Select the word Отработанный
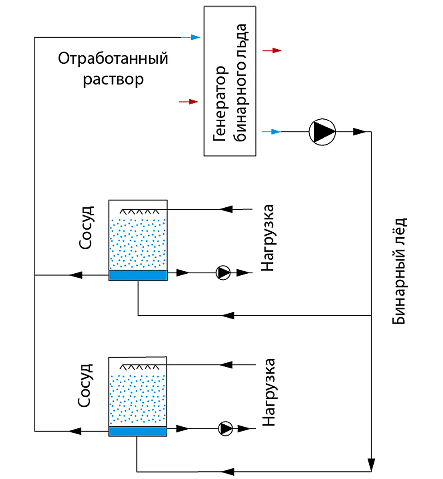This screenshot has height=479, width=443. [x=113, y=59]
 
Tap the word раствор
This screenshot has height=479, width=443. [x=114, y=80]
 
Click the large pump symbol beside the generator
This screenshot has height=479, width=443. [x=322, y=131]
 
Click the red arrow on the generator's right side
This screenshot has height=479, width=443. [x=273, y=51]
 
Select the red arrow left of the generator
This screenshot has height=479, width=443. [x=189, y=102]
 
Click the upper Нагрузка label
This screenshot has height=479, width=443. [x=269, y=238]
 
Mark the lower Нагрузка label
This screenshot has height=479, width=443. [x=269, y=392]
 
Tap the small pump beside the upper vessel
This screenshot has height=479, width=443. [x=223, y=272]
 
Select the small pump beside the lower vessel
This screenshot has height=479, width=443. [x=225, y=427]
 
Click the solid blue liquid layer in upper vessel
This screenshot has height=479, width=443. [x=138, y=275]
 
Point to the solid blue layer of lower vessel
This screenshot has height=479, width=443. [x=138, y=431]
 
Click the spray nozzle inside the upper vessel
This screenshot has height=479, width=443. [x=141, y=211]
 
